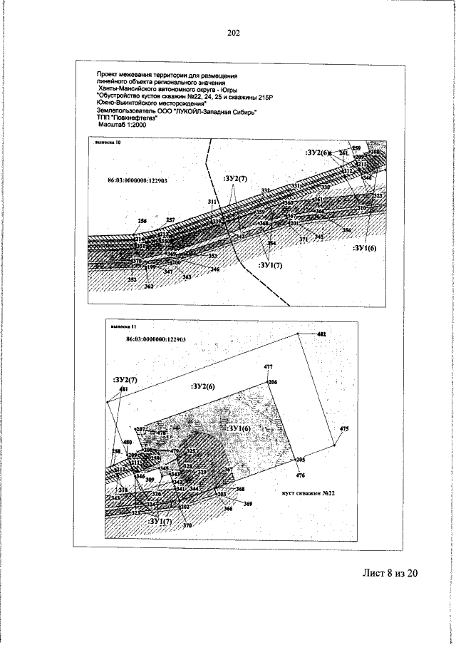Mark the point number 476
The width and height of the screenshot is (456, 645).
pyautogui.click(x=300, y=475)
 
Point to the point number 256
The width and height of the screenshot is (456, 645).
pyautogui.click(x=142, y=221)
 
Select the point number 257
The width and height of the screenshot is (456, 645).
pyautogui.click(x=170, y=220)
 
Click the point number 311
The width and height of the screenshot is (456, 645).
pyautogui.click(x=212, y=203)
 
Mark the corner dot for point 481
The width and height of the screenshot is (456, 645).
pyautogui.click(x=107, y=403)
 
